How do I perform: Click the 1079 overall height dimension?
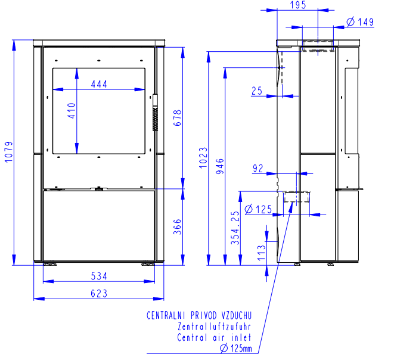click(8, 152)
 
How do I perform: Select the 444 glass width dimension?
click(99, 84)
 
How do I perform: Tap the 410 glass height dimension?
click(72, 111)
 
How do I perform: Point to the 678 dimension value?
click(178, 118)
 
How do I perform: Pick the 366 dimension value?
click(178, 226)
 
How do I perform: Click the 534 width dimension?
click(99, 276)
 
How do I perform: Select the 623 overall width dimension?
click(99, 293)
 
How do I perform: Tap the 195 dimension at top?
click(298, 5)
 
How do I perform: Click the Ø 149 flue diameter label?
click(360, 22)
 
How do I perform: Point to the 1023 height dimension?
click(203, 157)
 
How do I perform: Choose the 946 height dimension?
click(220, 166)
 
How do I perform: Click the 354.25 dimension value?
click(235, 228)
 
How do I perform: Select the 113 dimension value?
click(261, 253)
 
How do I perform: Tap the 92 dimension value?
click(258, 168)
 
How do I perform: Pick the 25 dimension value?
click(257, 91)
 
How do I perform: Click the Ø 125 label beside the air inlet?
click(258, 209)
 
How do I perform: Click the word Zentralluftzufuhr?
click(214, 327)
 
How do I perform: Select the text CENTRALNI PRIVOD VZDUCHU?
click(199, 315)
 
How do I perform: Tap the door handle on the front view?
click(155, 112)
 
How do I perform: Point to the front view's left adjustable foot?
click(50, 264)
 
